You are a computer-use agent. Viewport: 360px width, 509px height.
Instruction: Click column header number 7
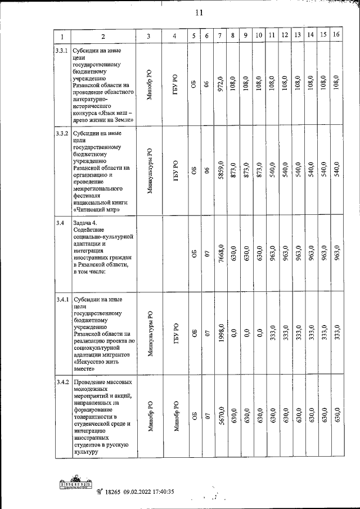[220, 36]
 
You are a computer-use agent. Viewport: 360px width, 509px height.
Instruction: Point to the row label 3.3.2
[62, 134]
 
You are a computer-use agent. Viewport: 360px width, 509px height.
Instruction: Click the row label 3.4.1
[62, 299]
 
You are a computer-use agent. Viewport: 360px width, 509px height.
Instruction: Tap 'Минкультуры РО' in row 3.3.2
[149, 171]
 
